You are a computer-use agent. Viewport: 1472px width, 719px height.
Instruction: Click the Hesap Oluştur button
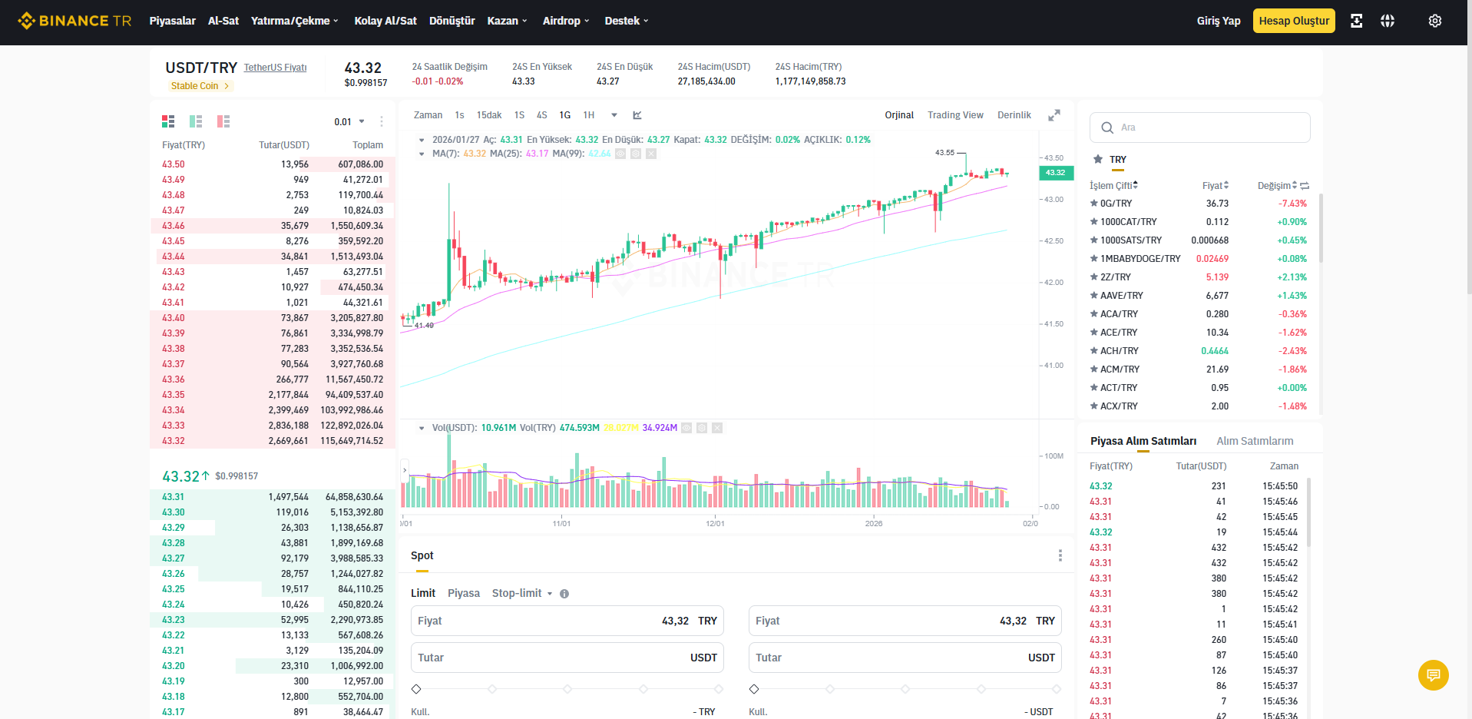(x=1294, y=21)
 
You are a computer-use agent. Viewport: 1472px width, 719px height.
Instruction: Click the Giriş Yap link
(x=1219, y=21)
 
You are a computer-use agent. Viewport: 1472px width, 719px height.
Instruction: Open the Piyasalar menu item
(x=172, y=21)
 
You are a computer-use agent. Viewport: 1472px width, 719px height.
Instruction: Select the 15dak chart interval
(x=489, y=115)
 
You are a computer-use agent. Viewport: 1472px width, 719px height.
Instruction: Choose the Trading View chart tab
(x=955, y=115)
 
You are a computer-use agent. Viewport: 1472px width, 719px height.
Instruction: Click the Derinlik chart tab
(x=1014, y=115)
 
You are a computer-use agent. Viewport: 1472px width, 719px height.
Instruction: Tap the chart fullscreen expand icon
(x=1054, y=115)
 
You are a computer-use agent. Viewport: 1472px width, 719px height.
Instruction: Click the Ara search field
(x=1200, y=128)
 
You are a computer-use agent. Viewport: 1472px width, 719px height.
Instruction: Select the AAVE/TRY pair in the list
(x=1121, y=296)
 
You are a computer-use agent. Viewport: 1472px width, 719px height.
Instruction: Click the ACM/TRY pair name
(x=1120, y=369)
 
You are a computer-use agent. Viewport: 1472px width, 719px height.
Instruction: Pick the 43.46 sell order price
(x=174, y=226)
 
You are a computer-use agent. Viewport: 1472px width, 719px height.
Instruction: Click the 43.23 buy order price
(x=174, y=620)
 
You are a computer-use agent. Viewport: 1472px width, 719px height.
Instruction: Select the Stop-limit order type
(x=517, y=593)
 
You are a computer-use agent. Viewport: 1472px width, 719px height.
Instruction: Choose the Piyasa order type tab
(x=464, y=593)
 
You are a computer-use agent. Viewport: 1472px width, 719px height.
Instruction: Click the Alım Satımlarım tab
(x=1255, y=441)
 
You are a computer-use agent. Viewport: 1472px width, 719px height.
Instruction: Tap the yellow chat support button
(x=1433, y=675)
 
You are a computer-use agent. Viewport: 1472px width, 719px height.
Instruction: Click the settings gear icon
(x=1434, y=21)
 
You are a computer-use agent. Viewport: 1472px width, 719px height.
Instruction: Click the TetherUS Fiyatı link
(x=275, y=68)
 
